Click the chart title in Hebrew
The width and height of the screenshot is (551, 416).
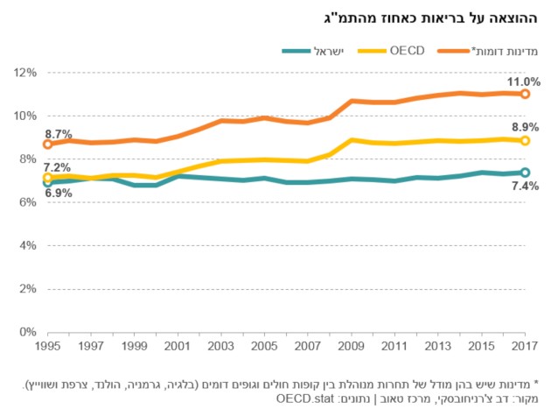coord(430,18)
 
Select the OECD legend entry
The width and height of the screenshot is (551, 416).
coord(391,51)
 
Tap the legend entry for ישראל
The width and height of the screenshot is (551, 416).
coord(312,51)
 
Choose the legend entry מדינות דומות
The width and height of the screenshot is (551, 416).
coord(487,51)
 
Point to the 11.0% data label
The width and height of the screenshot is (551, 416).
coord(523,82)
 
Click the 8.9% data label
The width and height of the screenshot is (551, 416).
coord(526,127)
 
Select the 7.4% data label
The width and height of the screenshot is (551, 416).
coord(525,186)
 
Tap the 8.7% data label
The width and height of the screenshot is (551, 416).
coord(59,134)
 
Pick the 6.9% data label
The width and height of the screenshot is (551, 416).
coord(59,193)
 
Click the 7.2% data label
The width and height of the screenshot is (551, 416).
coord(57,167)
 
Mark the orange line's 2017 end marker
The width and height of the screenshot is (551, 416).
coord(525,94)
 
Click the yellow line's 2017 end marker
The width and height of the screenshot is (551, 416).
coord(525,140)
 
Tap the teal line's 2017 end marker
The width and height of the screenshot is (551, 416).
coord(525,173)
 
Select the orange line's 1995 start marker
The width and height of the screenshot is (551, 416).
coord(47,144)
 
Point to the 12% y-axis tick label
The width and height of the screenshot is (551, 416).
coord(25,73)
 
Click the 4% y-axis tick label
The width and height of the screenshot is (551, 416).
coord(28,245)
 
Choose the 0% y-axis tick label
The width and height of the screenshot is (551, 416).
coord(28,332)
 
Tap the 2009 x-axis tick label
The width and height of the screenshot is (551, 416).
coord(351,346)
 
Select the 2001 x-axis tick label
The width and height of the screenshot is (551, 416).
coord(177,346)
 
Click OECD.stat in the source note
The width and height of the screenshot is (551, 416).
coord(304,398)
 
